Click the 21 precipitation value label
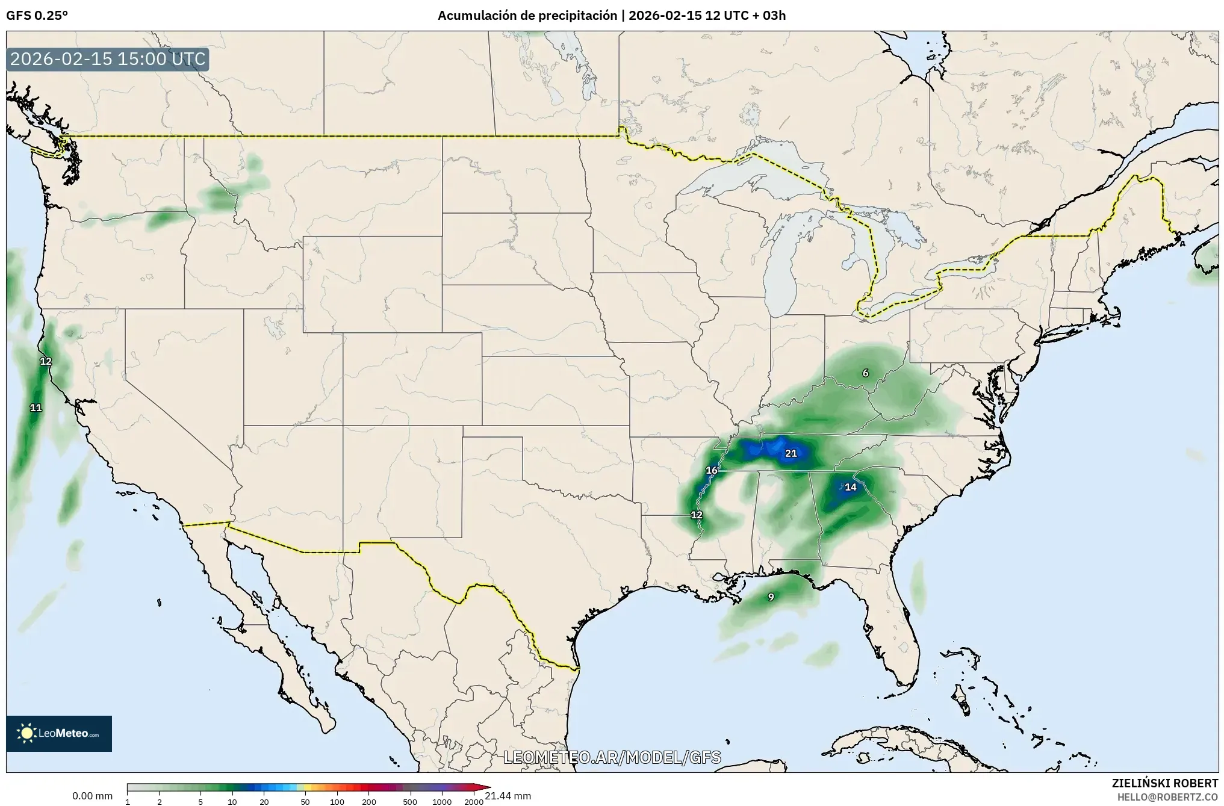(791, 453)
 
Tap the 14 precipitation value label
(850, 487)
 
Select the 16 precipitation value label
(712, 470)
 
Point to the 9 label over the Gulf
(771, 597)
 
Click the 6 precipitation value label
(865, 373)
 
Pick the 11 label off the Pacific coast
(36, 408)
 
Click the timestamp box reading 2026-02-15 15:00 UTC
(108, 60)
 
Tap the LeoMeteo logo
(59, 733)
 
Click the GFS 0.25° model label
(37, 16)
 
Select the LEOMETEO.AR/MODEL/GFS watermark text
(612, 757)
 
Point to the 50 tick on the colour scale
(305, 802)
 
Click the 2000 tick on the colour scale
(474, 802)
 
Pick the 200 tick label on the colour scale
(368, 802)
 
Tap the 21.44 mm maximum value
(508, 796)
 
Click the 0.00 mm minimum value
(92, 796)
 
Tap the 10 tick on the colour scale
(232, 802)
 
